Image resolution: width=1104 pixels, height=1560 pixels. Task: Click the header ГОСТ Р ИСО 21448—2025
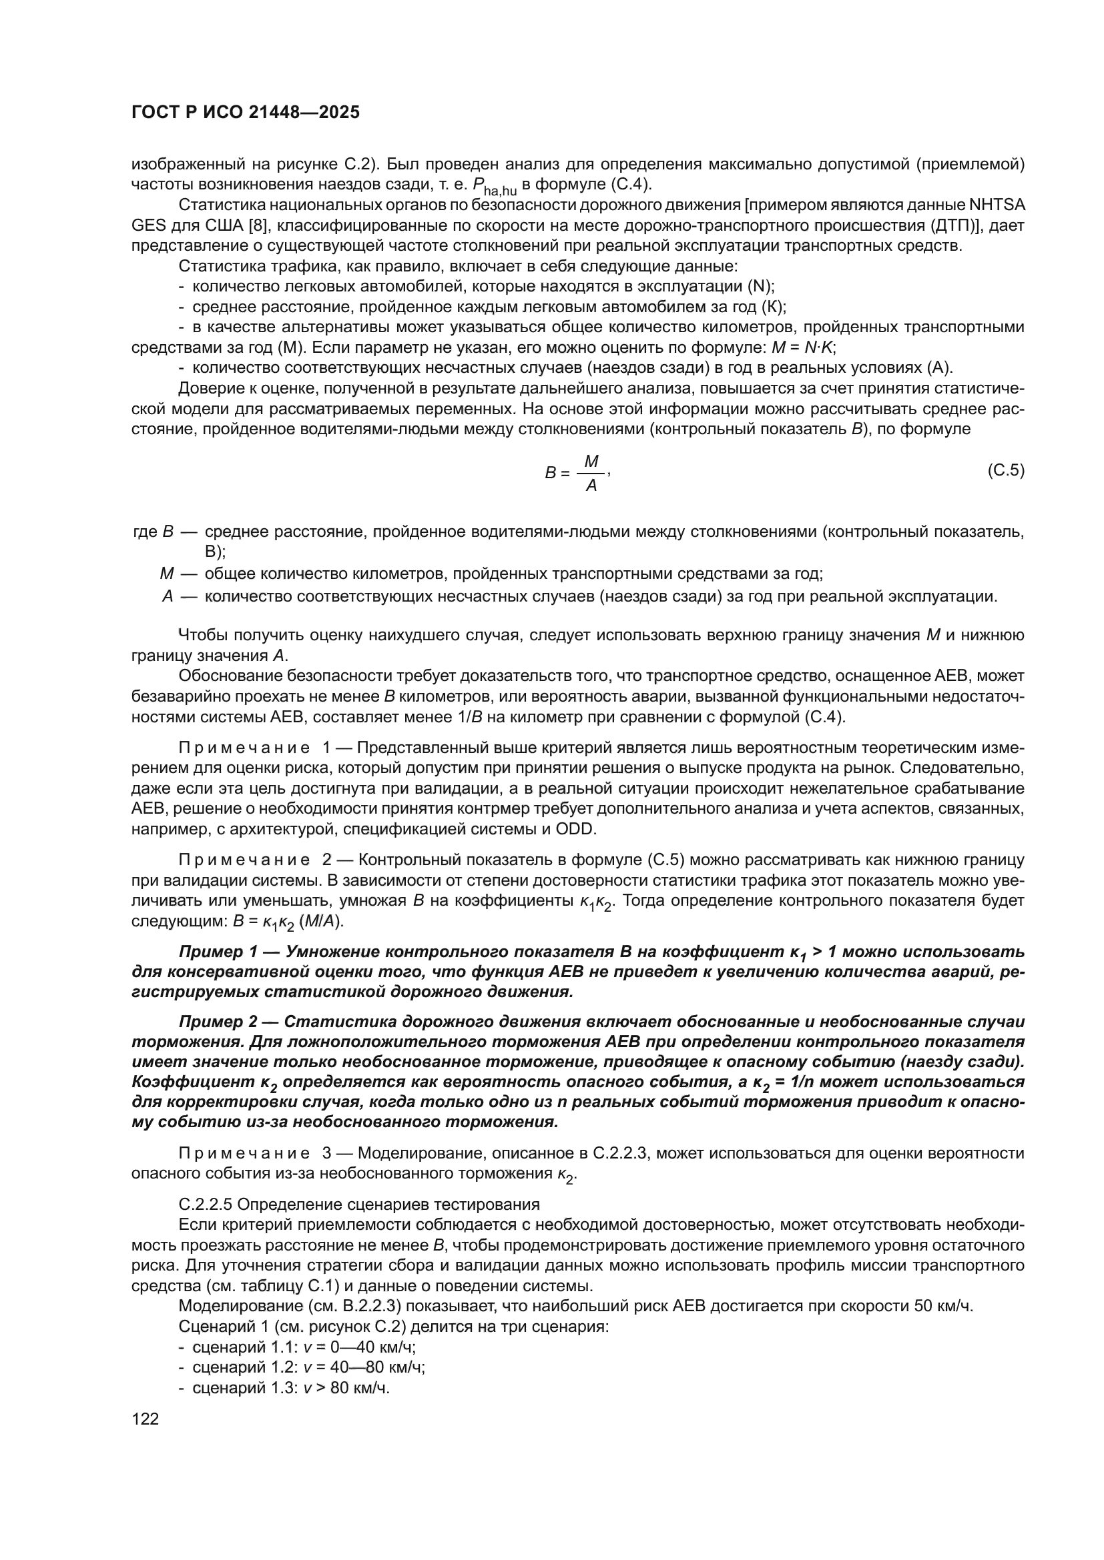246,113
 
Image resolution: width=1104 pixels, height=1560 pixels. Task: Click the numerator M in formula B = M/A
591,462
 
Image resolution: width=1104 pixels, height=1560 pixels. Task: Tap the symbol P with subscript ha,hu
494,186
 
